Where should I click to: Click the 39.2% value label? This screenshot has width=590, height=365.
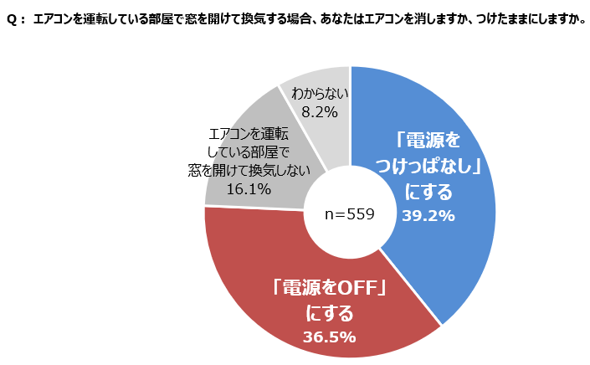tap(428, 216)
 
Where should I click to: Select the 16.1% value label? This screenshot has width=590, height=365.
tap(248, 189)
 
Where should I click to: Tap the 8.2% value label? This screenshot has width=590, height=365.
tap(320, 111)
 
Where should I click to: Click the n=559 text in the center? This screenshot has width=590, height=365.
tap(350, 214)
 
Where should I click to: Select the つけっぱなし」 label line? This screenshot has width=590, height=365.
tap(429, 166)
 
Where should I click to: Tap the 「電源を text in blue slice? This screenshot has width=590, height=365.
tap(428, 139)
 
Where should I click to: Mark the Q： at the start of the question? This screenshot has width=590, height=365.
tap(17, 18)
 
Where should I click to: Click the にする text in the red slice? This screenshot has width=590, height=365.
tap(329, 314)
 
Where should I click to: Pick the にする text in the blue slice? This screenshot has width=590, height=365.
tap(428, 192)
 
